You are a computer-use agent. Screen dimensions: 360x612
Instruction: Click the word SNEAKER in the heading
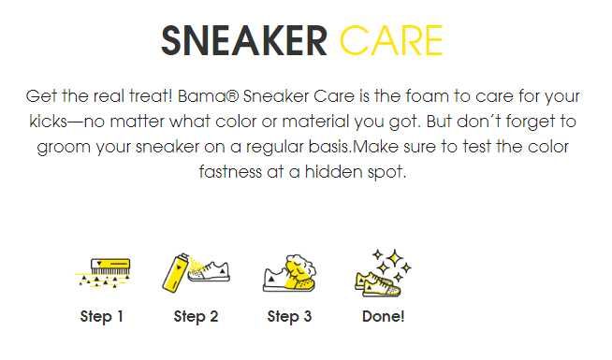(244, 40)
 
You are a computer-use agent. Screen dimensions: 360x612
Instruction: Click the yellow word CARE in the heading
(391, 40)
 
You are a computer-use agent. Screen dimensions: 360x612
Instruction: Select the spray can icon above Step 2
(196, 272)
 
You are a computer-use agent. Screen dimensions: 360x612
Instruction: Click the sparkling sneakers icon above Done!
(383, 272)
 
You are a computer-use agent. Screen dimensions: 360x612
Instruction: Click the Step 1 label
(102, 317)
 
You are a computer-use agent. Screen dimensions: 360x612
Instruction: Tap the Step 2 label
(196, 317)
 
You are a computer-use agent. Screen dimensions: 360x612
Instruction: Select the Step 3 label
(289, 317)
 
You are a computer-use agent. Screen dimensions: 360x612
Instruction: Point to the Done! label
(383, 317)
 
